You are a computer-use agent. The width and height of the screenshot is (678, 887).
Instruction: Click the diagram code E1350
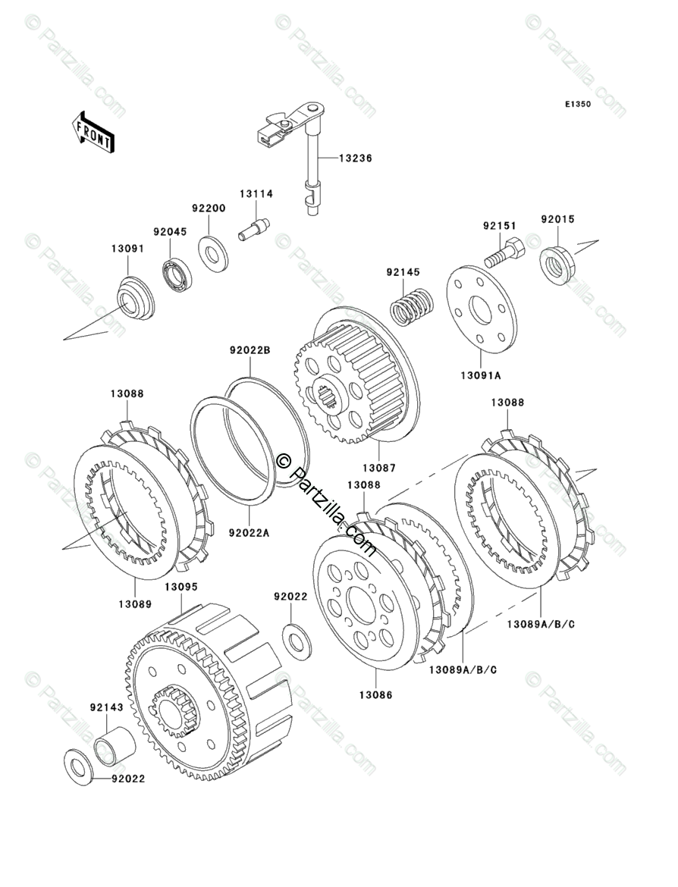pyautogui.click(x=576, y=104)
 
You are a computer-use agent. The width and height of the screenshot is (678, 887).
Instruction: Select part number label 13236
pyautogui.click(x=356, y=158)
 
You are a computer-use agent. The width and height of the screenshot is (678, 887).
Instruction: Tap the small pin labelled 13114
pyautogui.click(x=253, y=229)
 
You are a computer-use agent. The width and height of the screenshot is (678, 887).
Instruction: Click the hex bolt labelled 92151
pyautogui.click(x=502, y=252)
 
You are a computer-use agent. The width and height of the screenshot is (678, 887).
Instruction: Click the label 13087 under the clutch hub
pyautogui.click(x=379, y=469)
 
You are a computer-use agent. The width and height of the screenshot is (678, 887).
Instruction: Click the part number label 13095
pyautogui.click(x=181, y=587)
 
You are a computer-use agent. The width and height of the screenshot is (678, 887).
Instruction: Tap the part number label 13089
pyautogui.click(x=135, y=604)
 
